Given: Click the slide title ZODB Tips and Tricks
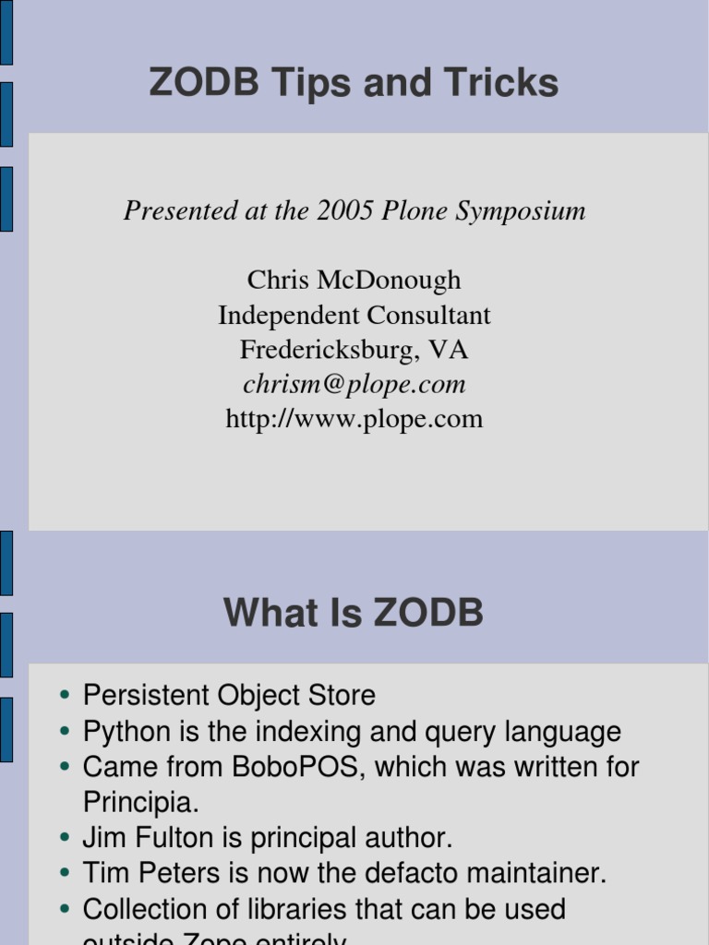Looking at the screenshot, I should (354, 84).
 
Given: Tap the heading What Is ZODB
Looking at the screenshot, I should (354, 613).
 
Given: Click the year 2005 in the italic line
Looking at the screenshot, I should (344, 210).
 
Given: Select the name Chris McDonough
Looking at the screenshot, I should (354, 280).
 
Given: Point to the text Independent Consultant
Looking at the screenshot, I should (354, 315).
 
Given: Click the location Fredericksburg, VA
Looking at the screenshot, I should (354, 350).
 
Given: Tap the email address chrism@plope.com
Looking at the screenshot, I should (354, 384).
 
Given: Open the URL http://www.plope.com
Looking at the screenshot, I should (354, 419).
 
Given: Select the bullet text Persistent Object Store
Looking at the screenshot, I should (229, 695).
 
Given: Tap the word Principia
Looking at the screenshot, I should (140, 802).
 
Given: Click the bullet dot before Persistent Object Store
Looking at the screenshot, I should (65, 696).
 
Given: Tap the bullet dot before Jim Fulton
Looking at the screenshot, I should (65, 839).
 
